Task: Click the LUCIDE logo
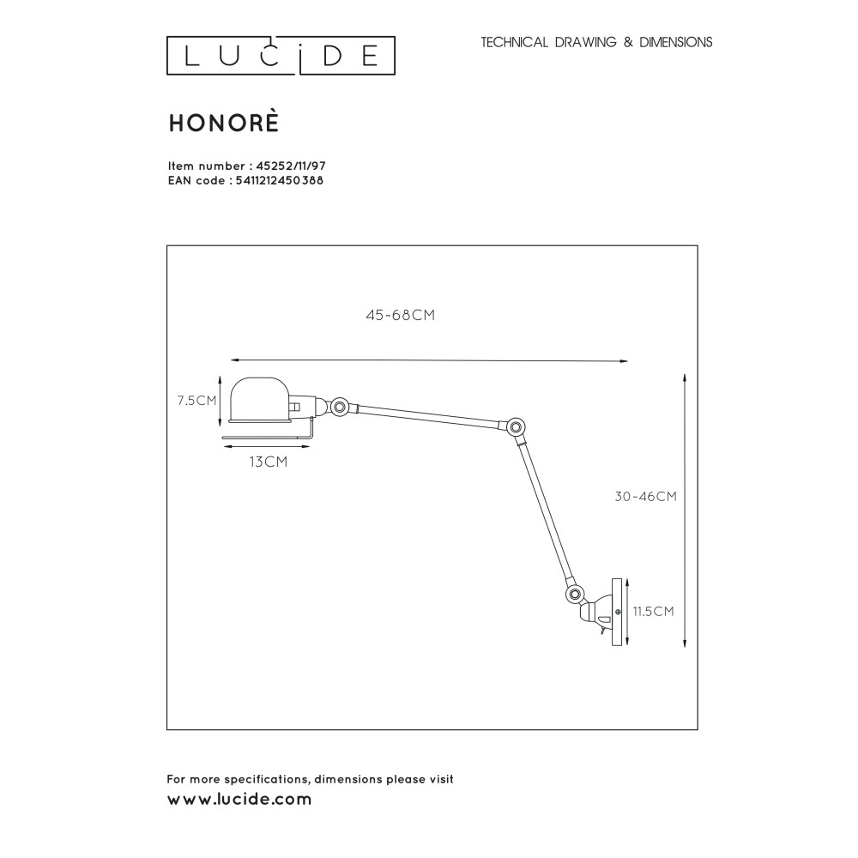click(281, 55)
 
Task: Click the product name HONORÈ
click(224, 123)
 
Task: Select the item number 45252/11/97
click(291, 166)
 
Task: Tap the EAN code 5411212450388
click(280, 180)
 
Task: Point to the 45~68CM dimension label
click(401, 315)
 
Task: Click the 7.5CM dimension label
click(197, 401)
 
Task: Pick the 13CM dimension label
click(268, 462)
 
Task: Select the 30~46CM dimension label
click(646, 496)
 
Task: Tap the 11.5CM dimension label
click(653, 611)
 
